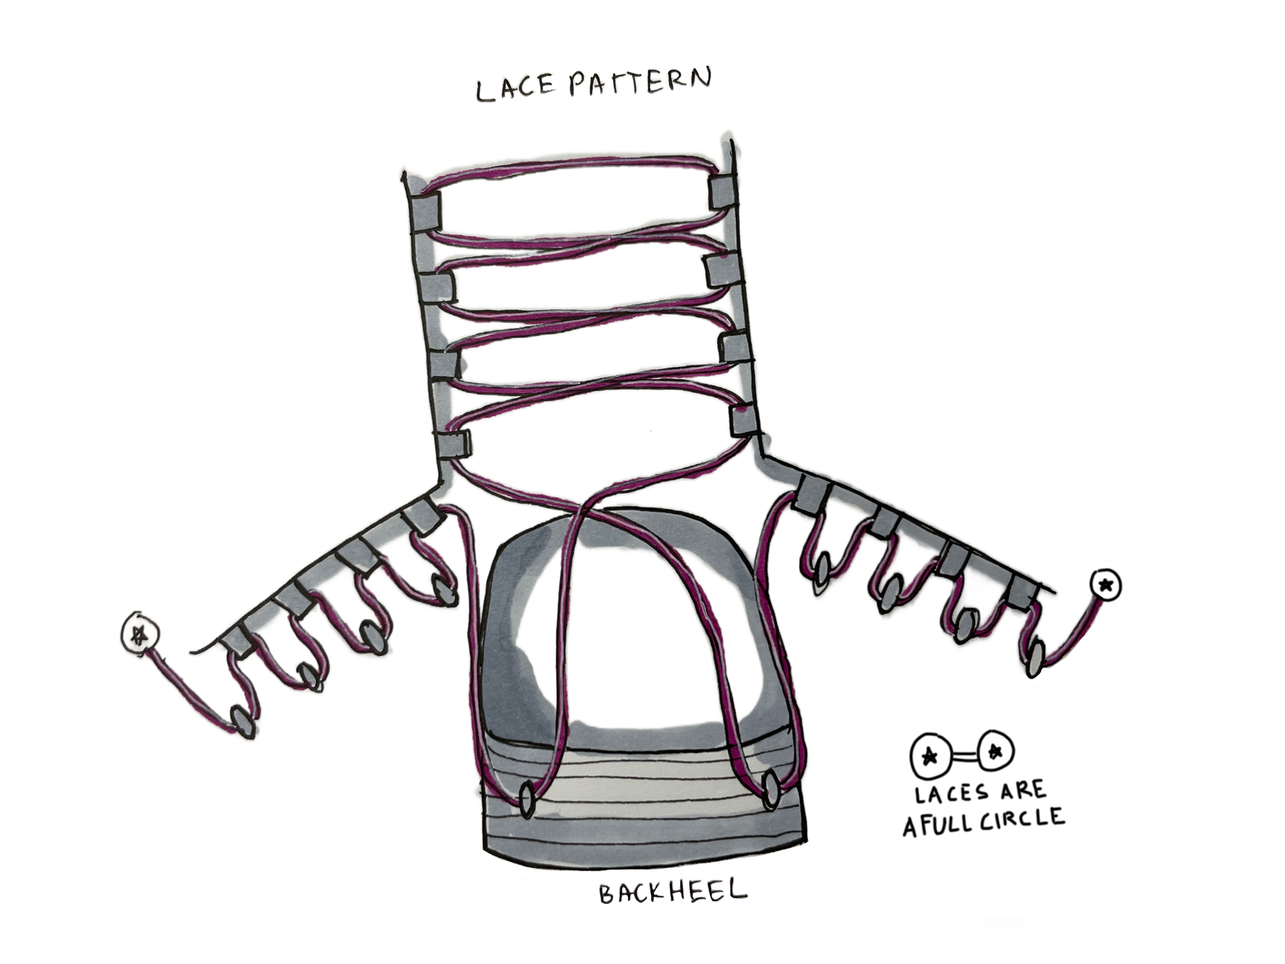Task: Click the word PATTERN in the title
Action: [x=639, y=82]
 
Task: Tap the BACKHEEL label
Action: [x=672, y=892]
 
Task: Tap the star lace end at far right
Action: [x=1106, y=585]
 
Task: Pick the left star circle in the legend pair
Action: [x=930, y=756]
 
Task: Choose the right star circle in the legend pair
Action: [x=995, y=751]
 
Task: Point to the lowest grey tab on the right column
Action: [x=744, y=420]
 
